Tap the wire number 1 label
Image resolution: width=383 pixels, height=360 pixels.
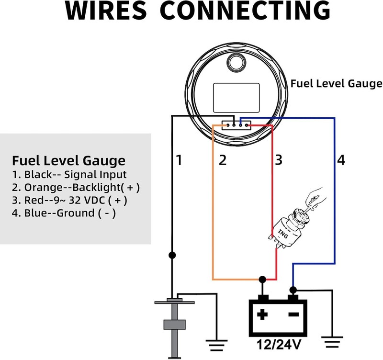pyautogui.click(x=179, y=160)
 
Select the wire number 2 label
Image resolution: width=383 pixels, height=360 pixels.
pyautogui.click(x=223, y=160)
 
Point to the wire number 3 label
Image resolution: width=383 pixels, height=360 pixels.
pyautogui.click(x=279, y=160)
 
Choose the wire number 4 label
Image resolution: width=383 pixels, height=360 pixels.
pyautogui.click(x=341, y=160)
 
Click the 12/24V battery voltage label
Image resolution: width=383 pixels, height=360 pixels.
pyautogui.click(x=279, y=345)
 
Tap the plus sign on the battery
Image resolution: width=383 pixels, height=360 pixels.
pyautogui.click(x=262, y=315)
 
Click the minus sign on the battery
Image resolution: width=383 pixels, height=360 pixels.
pyautogui.click(x=294, y=315)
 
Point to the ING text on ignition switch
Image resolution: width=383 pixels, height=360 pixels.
pyautogui.click(x=283, y=234)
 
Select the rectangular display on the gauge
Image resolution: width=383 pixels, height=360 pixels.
pyautogui.click(x=236, y=98)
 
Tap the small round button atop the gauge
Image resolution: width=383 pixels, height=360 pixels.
pyautogui.click(x=236, y=62)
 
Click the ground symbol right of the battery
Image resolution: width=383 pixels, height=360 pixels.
pyautogui.click(x=332, y=342)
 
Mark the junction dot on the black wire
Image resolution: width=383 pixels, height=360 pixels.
pyautogui.click(x=172, y=255)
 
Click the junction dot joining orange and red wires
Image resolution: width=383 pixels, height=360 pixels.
pyautogui.click(x=262, y=279)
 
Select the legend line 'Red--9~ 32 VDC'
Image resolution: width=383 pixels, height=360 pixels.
pyautogui.click(x=69, y=200)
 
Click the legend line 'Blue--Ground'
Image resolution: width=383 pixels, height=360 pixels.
pyautogui.click(x=64, y=213)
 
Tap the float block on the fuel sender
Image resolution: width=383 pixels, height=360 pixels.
pyautogui.click(x=174, y=325)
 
